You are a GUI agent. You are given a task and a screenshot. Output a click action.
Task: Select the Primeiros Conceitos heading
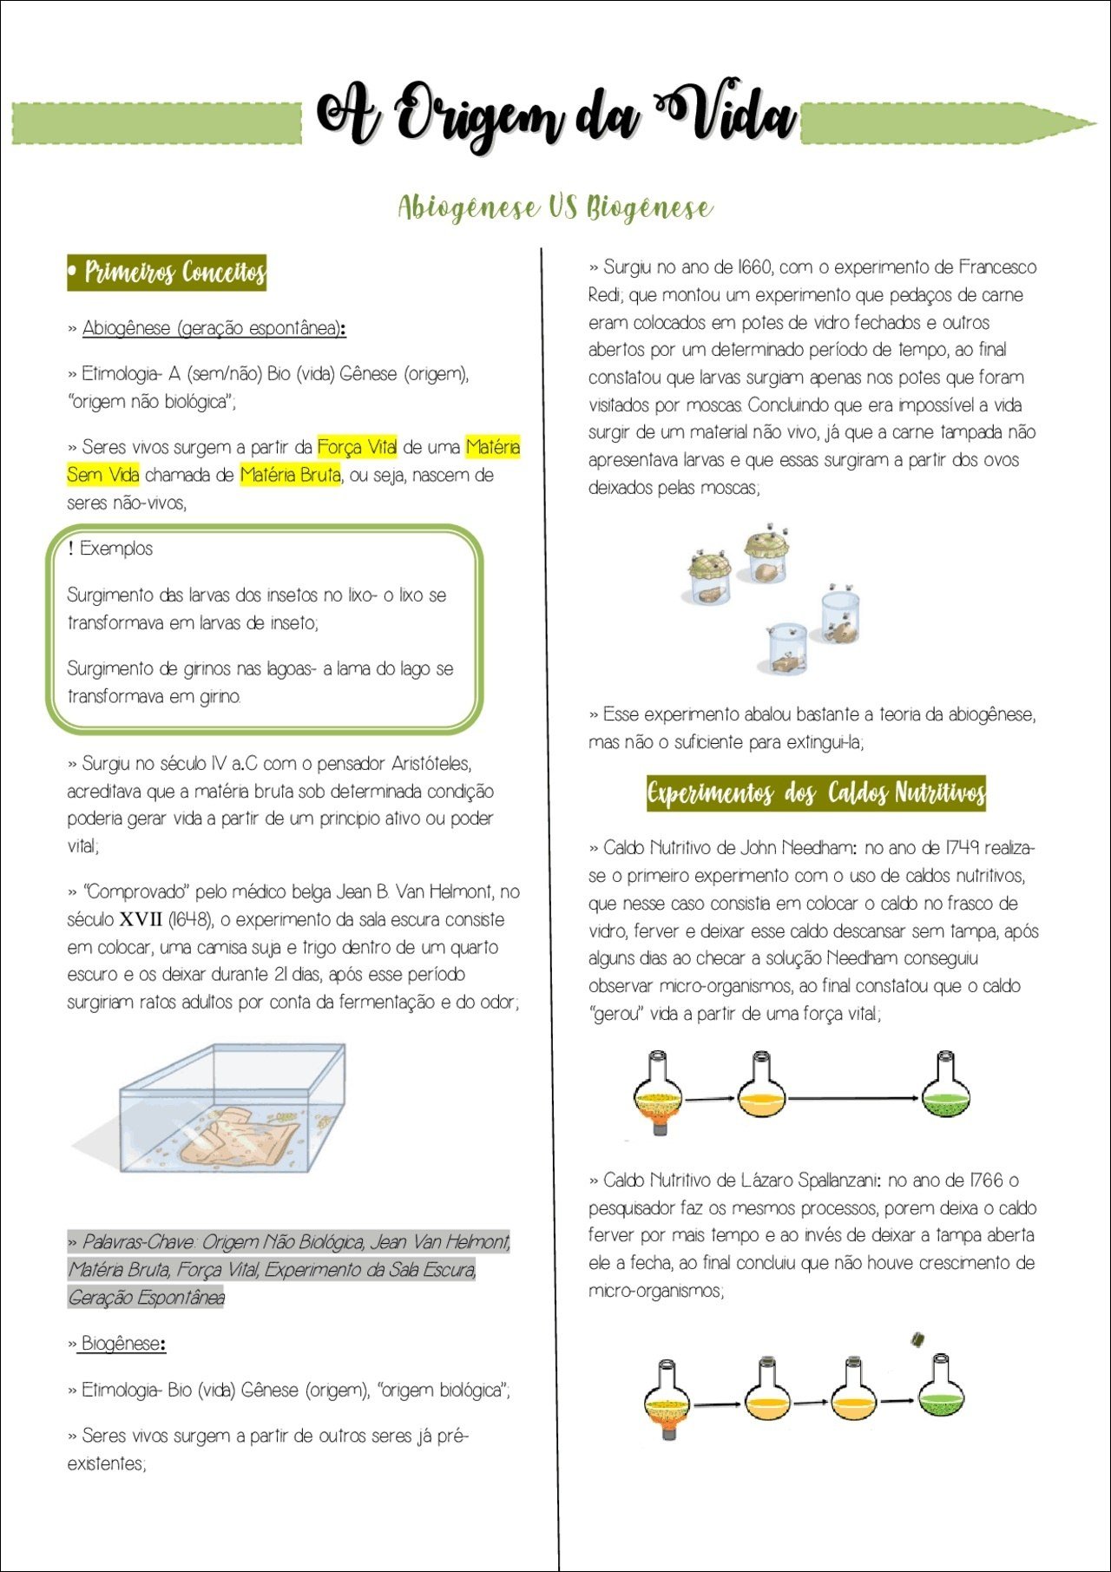point(167,273)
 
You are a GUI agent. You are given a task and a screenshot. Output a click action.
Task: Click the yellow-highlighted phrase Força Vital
point(357,447)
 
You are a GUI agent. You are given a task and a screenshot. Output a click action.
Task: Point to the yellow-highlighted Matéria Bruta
point(290,475)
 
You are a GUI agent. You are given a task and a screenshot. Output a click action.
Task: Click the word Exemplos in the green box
point(115,549)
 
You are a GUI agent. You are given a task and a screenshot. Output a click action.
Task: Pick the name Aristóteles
point(431,764)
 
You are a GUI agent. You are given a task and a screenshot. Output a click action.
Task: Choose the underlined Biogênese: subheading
point(122,1344)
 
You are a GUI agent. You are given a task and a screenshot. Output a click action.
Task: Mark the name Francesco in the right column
point(997,267)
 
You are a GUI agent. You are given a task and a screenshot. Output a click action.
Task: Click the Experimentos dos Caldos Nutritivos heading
point(816,793)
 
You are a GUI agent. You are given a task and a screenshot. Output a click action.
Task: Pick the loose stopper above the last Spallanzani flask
point(917,1339)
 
